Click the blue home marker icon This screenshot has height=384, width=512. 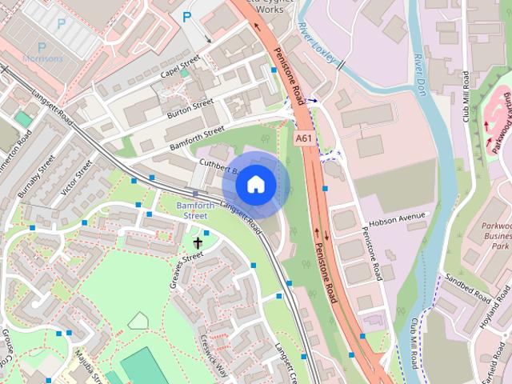tap(255, 185)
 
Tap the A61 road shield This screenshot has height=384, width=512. tap(303, 138)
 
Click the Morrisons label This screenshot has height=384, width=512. tap(42, 58)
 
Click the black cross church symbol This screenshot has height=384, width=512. tap(198, 242)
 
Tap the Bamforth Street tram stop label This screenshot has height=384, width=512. tap(197, 210)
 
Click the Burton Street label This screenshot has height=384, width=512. tap(190, 109)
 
